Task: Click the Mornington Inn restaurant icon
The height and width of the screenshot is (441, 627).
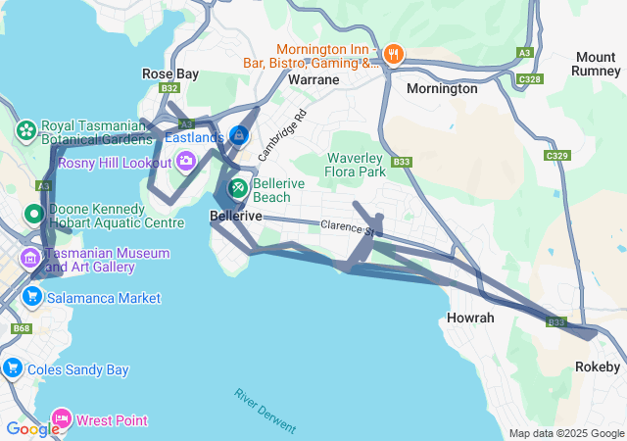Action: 394,55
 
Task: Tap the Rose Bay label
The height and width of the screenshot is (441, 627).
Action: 170,74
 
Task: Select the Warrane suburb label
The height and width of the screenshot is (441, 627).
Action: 313,78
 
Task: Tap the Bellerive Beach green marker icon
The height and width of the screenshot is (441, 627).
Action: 238,187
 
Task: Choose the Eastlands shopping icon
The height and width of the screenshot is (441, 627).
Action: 238,135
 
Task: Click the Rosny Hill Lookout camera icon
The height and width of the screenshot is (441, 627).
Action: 185,162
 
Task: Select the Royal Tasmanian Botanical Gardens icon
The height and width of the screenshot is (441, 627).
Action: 25,130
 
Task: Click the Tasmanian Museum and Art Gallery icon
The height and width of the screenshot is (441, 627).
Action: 29,259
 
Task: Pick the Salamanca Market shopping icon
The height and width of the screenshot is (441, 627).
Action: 32,297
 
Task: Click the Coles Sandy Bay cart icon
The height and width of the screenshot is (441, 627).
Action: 13,368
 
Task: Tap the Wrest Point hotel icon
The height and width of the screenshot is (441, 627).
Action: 62,419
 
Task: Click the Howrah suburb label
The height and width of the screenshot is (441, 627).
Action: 470,318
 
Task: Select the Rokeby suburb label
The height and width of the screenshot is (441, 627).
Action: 596,367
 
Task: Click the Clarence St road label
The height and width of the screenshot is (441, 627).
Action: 349,228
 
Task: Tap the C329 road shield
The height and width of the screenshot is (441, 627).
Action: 557,156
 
